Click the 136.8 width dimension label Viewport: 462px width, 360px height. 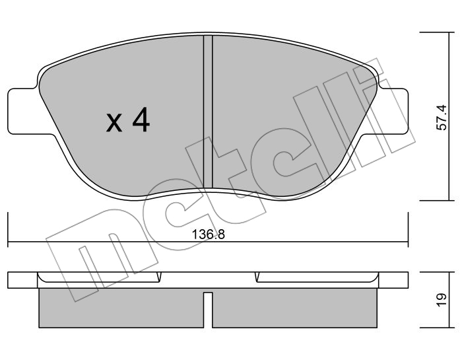[209, 235]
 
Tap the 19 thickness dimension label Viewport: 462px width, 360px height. [442, 300]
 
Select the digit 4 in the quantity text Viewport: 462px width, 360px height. [141, 120]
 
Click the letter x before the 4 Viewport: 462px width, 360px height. [114, 123]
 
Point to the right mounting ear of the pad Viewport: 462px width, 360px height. [393, 111]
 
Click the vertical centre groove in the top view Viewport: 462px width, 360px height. [208, 112]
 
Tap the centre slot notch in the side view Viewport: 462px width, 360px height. [208, 310]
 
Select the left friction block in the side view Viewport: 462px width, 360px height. [121, 308]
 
